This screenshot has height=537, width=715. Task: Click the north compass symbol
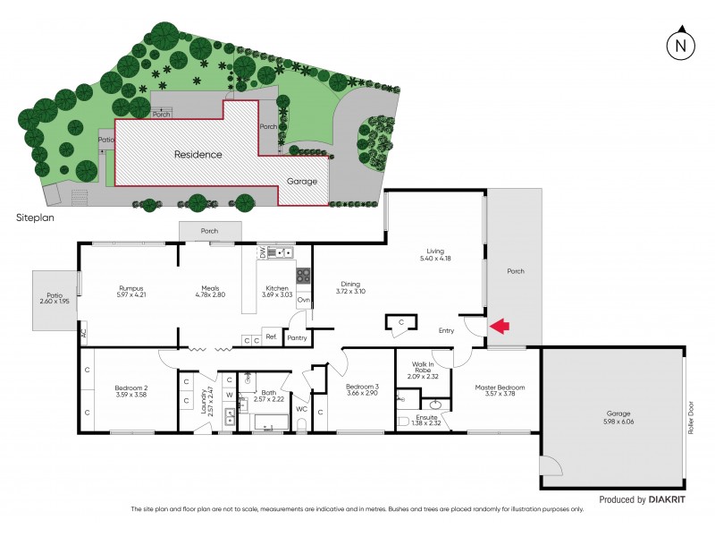(681, 44)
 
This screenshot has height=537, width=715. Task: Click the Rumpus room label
(131, 288)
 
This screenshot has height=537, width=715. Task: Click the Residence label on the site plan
(198, 155)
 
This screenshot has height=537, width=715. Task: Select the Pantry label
(297, 338)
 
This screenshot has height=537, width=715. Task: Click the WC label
(301, 409)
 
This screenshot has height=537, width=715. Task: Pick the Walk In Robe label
(424, 368)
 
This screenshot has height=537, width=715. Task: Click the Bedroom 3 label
(363, 387)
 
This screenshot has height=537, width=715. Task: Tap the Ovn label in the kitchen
(303, 300)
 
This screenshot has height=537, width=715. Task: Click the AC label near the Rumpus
(83, 332)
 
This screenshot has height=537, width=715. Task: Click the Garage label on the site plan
(301, 181)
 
